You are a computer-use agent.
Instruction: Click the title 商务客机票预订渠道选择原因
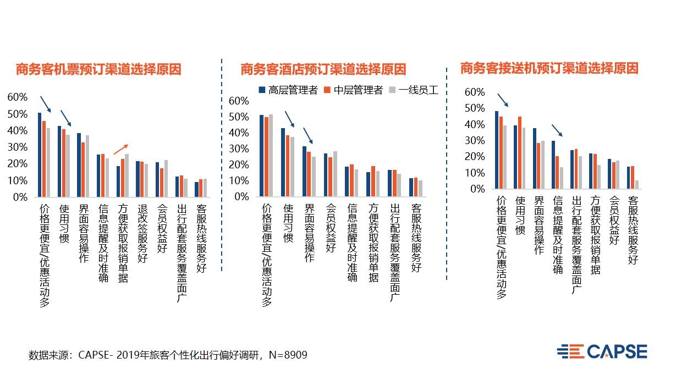pyautogui.click(x=98, y=70)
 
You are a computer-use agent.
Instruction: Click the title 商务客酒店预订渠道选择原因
pyautogui.click(x=323, y=70)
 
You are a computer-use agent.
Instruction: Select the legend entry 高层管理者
pyautogui.click(x=288, y=90)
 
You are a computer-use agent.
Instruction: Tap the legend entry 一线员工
pyautogui.click(x=414, y=90)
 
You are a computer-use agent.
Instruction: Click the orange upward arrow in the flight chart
pyautogui.click(x=120, y=149)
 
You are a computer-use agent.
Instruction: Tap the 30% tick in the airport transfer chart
pyautogui.click(x=475, y=141)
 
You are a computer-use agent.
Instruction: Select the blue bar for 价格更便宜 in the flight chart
pyautogui.click(x=40, y=155)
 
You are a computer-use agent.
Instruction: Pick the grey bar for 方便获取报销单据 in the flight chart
pyautogui.click(x=127, y=175)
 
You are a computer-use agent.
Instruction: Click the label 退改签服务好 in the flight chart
pyautogui.click(x=142, y=234)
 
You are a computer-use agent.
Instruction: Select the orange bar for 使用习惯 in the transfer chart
pyautogui.click(x=520, y=152)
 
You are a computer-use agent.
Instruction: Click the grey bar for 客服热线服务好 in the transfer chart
pyautogui.click(x=636, y=185)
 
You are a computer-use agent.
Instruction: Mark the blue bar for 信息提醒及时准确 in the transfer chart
pyautogui.click(x=553, y=164)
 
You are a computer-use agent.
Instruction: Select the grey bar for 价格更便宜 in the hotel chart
pyautogui.click(x=271, y=155)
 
